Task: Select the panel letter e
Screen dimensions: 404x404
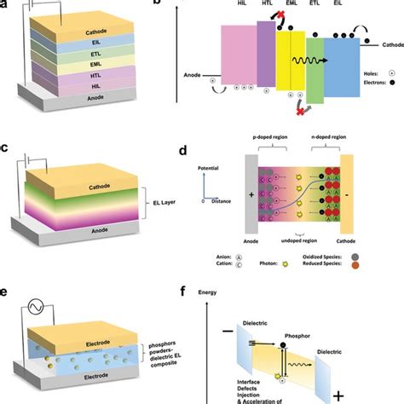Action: coord(7,291)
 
